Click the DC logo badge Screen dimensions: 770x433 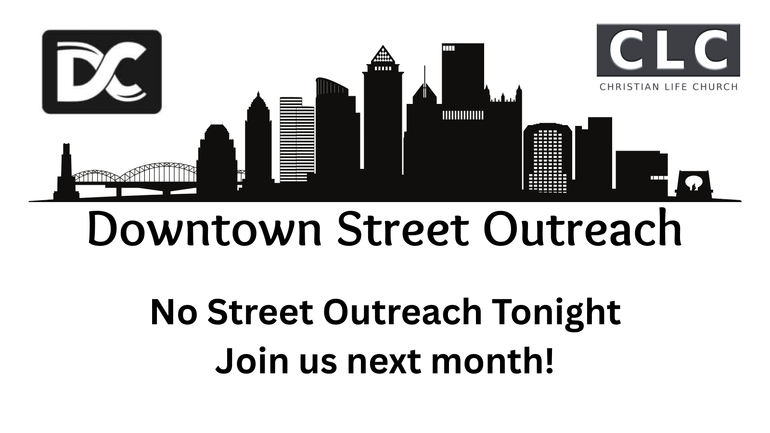coord(102,72)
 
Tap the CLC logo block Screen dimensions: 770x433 coord(668,50)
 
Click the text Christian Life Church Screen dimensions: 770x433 coord(668,87)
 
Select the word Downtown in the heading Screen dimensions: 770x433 coord(205,228)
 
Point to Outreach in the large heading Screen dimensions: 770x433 coord(583,228)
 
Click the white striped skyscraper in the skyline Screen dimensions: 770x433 coord(297,140)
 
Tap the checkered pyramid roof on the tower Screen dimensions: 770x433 coord(383,54)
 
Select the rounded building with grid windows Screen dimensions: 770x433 coord(548,157)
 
